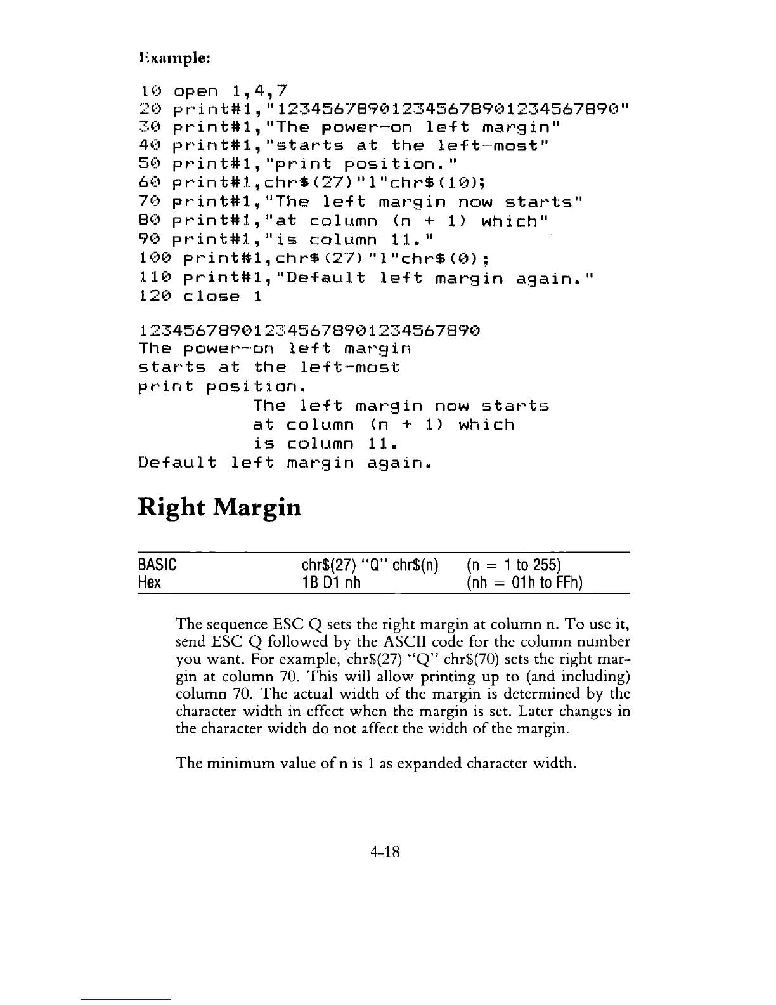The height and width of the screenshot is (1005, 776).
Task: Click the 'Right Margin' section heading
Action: [x=219, y=508]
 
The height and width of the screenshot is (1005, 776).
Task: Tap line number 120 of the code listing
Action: [x=156, y=296]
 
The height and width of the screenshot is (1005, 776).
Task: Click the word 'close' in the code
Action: [x=212, y=296]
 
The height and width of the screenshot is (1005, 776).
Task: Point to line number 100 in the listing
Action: [x=156, y=258]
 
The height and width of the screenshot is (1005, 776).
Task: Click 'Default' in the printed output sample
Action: [x=178, y=463]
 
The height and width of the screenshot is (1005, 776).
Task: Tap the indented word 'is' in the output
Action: [x=263, y=443]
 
